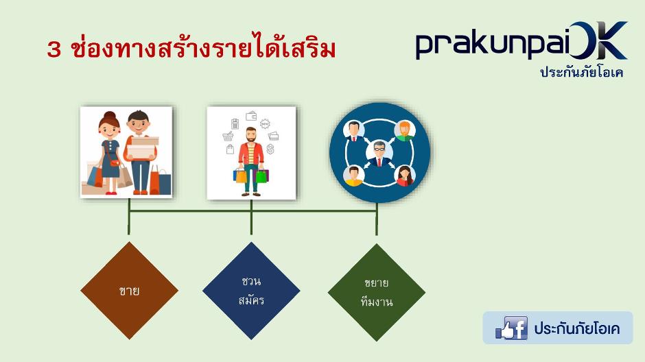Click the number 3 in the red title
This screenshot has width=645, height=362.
click(54, 50)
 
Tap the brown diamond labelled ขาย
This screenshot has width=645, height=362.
click(129, 291)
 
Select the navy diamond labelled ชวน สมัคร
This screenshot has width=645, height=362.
click(251, 291)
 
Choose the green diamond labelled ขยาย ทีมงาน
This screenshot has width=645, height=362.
click(377, 292)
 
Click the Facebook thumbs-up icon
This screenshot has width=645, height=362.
click(512, 328)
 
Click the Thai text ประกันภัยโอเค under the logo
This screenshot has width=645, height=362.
click(582, 72)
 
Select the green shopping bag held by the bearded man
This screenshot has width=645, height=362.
click(261, 176)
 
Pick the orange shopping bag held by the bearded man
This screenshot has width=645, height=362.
click(241, 176)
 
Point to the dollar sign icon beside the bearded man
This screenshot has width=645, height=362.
click(270, 149)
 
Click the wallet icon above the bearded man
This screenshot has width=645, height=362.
click(251, 117)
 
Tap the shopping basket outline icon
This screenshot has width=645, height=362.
click(228, 136)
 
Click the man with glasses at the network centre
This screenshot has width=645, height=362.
click(379, 152)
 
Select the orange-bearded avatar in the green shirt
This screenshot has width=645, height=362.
click(404, 130)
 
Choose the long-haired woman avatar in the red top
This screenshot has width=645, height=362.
click(405, 176)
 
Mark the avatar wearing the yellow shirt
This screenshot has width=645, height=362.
click(354, 176)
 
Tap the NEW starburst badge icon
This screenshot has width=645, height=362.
click(265, 123)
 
